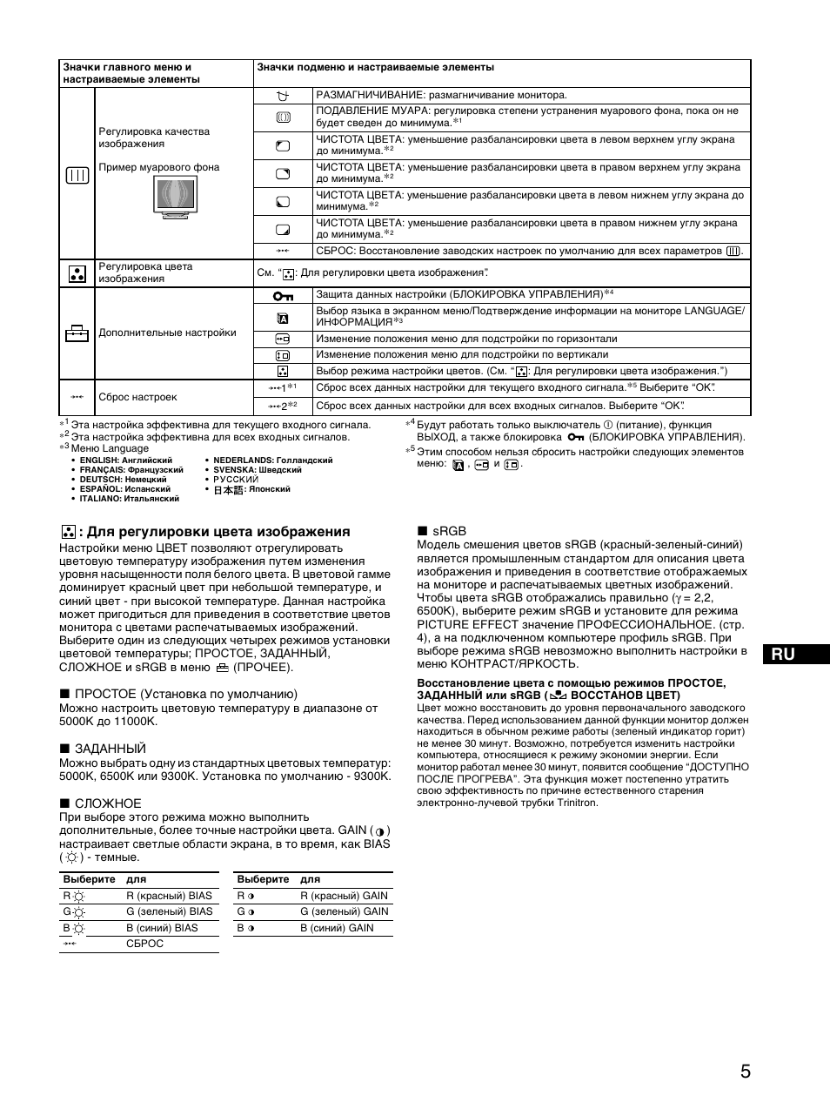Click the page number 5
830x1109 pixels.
745,1072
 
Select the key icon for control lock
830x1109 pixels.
283,296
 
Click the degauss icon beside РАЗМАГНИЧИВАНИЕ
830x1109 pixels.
282,95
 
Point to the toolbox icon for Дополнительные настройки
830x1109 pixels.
77,333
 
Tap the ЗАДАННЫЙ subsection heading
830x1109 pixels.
110,749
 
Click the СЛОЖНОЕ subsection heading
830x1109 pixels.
107,803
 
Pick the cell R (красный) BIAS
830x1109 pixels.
169,896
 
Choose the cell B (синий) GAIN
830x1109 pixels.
337,928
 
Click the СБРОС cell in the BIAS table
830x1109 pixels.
144,944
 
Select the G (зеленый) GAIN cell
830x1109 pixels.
344,911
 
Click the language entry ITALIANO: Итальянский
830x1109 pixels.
129,499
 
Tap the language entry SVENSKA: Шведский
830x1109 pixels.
257,470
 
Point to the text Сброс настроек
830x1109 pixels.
137,397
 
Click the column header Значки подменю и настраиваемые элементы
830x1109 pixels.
375,67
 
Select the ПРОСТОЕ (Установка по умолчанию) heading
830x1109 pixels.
185,694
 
